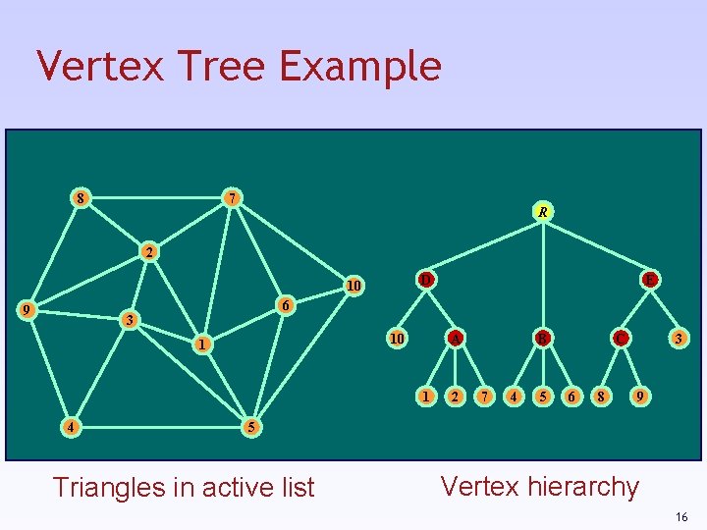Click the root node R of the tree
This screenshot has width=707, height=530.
pyautogui.click(x=542, y=211)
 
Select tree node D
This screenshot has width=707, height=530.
pyautogui.click(x=425, y=280)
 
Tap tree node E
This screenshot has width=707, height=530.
pyautogui.click(x=649, y=280)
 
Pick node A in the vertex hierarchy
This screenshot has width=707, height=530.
pyautogui.click(x=455, y=339)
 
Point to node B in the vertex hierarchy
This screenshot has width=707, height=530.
pyautogui.click(x=540, y=339)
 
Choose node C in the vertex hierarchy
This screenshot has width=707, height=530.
pyautogui.click(x=620, y=339)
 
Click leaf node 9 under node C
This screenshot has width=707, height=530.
pyautogui.click(x=640, y=397)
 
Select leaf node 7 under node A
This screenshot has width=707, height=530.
pyautogui.click(x=483, y=397)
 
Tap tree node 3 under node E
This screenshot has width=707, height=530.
pyautogui.click(x=677, y=339)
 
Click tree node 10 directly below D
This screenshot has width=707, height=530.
pyautogui.click(x=397, y=339)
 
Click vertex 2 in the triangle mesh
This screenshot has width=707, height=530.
pyautogui.click(x=147, y=252)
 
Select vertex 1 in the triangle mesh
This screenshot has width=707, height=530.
pyautogui.click(x=200, y=344)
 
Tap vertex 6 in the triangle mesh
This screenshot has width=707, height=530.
pyautogui.click(x=284, y=305)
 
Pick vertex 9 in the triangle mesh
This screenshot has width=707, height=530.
pyautogui.click(x=29, y=311)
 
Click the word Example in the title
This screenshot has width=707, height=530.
pyautogui.click(x=360, y=67)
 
